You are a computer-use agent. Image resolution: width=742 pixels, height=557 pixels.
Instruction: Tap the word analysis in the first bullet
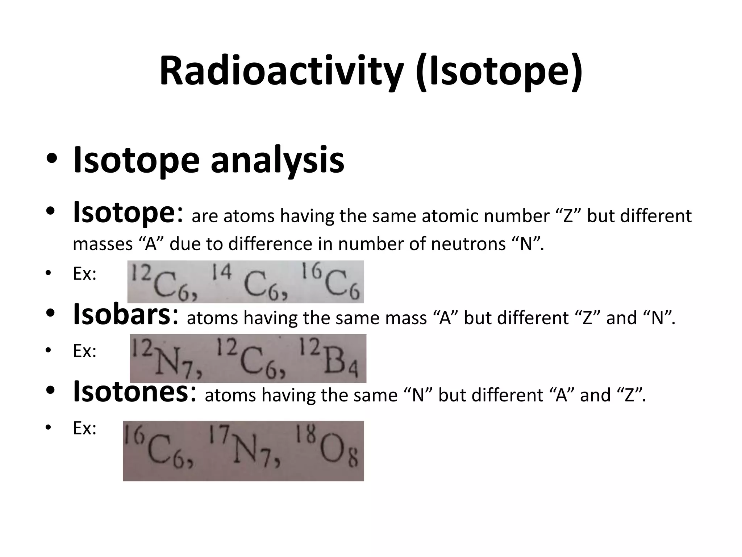click(x=277, y=160)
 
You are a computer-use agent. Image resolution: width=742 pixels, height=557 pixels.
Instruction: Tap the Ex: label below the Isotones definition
click(x=84, y=428)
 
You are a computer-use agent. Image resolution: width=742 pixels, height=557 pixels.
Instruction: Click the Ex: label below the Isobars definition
click(x=84, y=351)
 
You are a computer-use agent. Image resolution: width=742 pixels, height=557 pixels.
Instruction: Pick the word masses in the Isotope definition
click(x=103, y=244)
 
